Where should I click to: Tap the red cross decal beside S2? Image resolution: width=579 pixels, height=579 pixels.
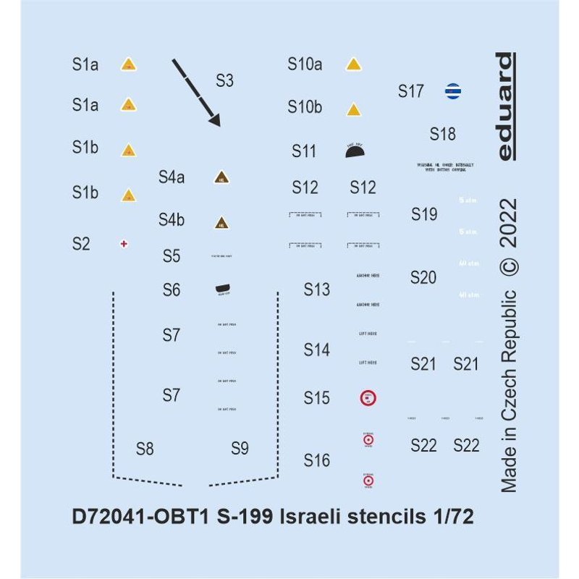[x=124, y=245]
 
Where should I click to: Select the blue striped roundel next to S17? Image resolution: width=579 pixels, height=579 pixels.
[x=452, y=92]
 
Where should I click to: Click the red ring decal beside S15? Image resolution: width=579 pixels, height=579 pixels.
[x=368, y=398]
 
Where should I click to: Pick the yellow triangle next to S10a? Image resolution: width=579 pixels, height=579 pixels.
[x=354, y=64]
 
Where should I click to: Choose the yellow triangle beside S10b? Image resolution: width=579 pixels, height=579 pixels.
[x=354, y=109]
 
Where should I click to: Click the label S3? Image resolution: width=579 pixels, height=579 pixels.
[x=224, y=80]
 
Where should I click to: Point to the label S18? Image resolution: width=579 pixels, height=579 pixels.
[x=442, y=135]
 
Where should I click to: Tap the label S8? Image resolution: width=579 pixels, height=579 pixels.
[x=145, y=449]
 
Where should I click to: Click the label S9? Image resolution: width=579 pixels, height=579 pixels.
[x=240, y=449]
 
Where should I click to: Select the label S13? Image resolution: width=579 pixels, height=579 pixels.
[x=316, y=290]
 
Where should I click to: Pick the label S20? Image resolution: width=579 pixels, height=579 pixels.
[x=423, y=277]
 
